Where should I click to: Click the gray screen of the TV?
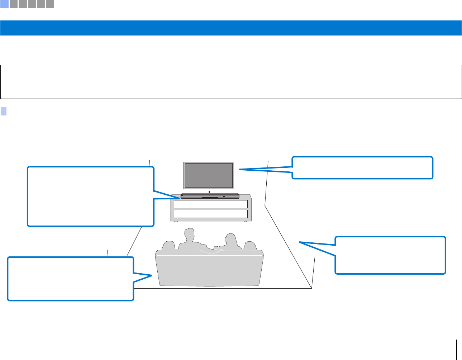[x=209, y=175]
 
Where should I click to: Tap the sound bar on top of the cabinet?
[x=210, y=196]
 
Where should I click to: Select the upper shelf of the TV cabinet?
[x=211, y=204]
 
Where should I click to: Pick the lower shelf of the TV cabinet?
[x=211, y=214]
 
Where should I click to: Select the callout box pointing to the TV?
[x=362, y=167]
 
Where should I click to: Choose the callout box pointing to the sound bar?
[x=91, y=196]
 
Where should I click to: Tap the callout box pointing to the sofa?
[x=71, y=279]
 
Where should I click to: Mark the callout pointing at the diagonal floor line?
[x=390, y=255]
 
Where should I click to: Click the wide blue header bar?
[x=231, y=28]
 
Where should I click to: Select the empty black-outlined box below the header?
[x=231, y=82]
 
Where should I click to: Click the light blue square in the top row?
[x=4, y=4]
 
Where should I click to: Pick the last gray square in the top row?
[x=50, y=4]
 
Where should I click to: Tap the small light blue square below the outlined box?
[x=4, y=111]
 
